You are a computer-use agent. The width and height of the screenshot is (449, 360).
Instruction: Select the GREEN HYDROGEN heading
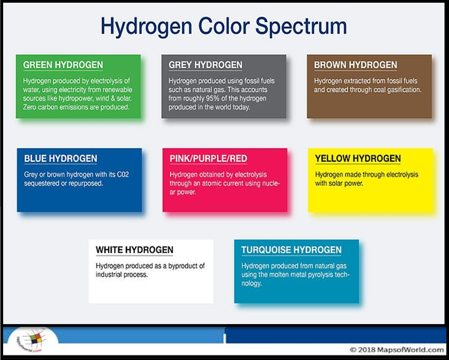[63, 65]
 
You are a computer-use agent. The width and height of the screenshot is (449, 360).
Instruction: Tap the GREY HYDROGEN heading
[205, 65]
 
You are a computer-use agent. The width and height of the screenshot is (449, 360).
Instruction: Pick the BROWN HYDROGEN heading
[356, 65]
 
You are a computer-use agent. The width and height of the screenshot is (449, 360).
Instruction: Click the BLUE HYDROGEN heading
[61, 158]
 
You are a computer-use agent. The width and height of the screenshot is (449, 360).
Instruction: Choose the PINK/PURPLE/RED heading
[208, 158]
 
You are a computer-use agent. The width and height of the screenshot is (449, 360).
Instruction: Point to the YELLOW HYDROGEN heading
[358, 158]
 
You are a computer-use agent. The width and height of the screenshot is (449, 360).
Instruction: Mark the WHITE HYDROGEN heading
[135, 250]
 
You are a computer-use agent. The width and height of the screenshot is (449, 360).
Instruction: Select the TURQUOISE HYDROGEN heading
[291, 250]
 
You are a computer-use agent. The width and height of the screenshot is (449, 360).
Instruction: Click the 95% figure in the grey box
[212, 98]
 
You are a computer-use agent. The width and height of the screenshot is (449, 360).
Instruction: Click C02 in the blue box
[123, 175]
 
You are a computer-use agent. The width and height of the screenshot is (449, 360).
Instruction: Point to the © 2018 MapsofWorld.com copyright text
[396, 350]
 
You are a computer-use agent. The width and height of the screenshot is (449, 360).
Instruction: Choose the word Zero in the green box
[30, 107]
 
